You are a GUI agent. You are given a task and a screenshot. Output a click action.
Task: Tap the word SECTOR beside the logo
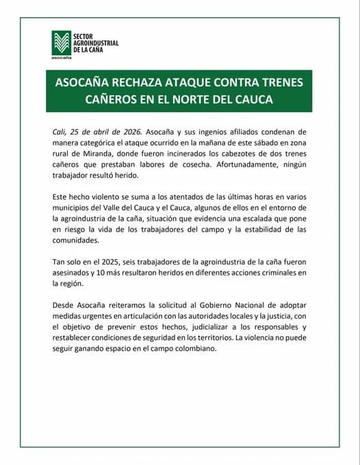85,35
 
